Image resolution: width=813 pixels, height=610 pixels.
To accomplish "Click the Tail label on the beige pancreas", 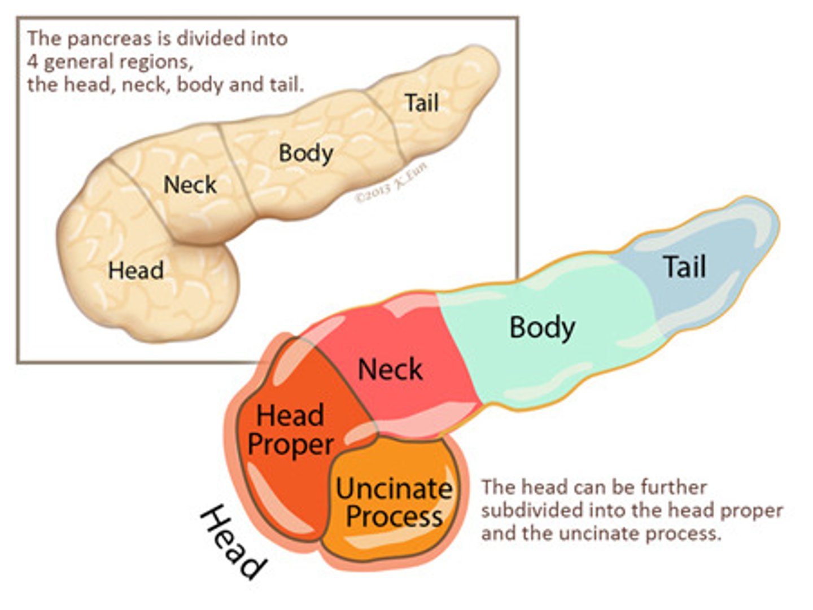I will click(x=421, y=103).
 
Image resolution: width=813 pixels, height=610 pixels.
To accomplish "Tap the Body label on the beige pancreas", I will click(x=306, y=153).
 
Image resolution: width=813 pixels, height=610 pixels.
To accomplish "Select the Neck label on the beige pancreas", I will click(x=190, y=185).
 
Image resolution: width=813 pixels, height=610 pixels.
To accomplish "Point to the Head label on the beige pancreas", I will click(x=136, y=270).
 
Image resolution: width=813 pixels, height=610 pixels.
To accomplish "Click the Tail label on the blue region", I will click(x=684, y=266).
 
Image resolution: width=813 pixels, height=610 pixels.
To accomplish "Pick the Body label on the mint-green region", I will click(x=542, y=327).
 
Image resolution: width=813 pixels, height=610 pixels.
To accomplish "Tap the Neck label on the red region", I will click(x=390, y=370).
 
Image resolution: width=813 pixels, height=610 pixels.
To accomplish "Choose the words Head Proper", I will click(x=290, y=430).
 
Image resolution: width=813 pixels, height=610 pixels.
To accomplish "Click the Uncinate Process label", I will click(x=394, y=502).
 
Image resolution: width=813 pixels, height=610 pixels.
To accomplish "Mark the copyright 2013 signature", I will click(x=391, y=183).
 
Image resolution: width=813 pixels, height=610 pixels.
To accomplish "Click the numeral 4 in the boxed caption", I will click(x=32, y=62).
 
